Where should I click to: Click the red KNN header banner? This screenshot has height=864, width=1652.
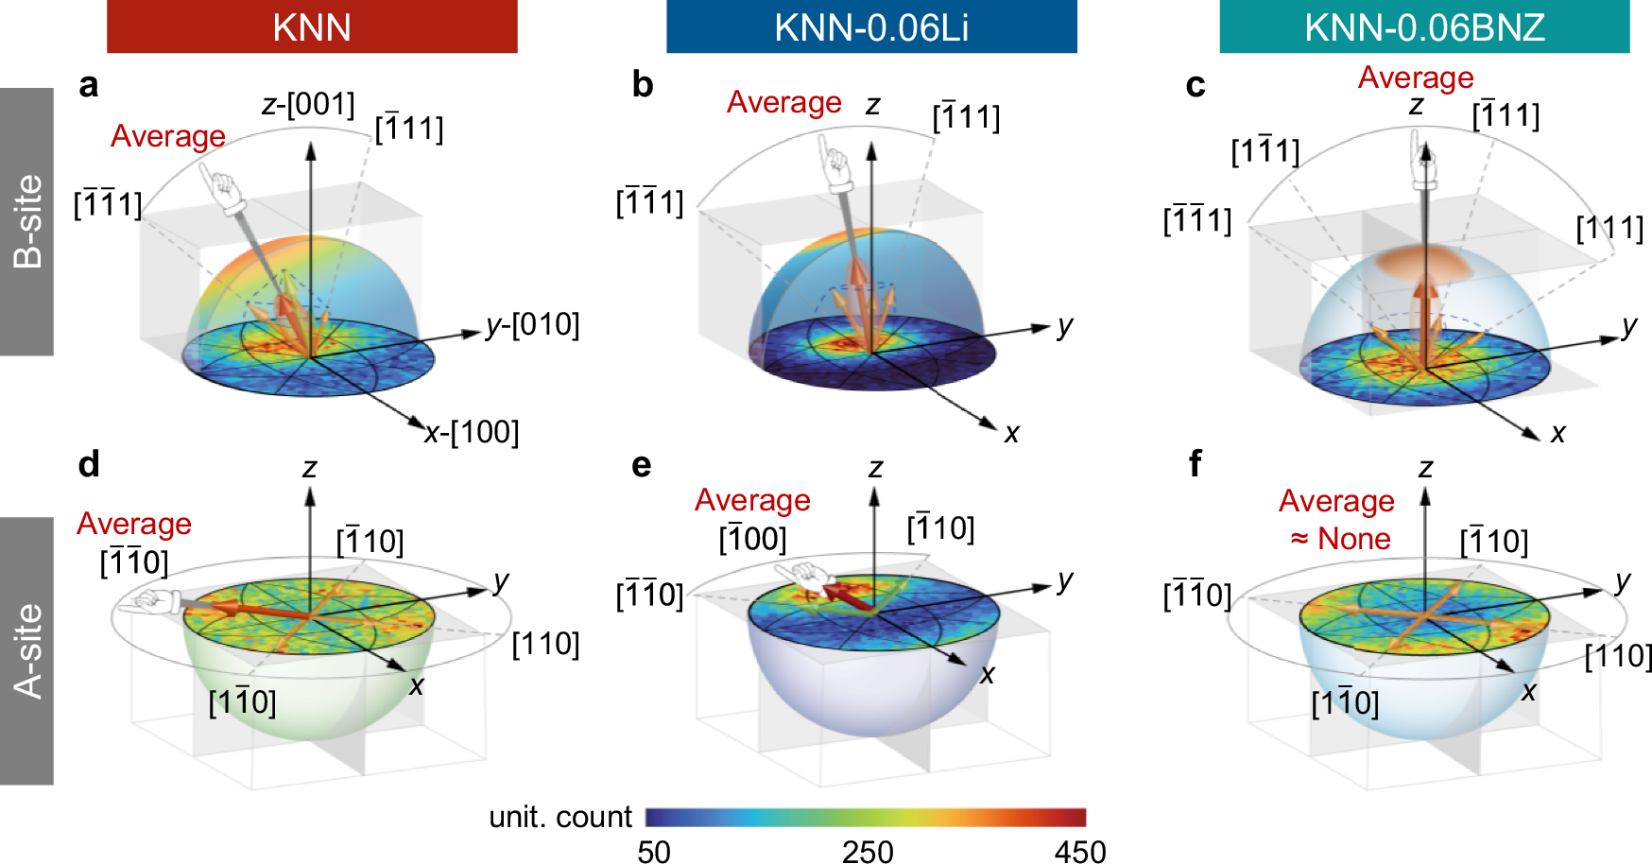[x=312, y=26]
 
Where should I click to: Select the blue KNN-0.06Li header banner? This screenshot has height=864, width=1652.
[x=871, y=26]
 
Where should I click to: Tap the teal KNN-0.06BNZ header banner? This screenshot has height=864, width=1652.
[x=1424, y=26]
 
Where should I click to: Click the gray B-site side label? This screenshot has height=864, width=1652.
[x=26, y=221]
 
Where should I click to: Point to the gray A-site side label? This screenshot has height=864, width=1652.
[x=26, y=651]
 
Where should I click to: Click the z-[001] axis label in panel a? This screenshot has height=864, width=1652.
[x=308, y=104]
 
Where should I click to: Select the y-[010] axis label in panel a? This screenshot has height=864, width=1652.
[x=532, y=325]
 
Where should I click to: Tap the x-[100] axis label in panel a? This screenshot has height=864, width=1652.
[x=472, y=432]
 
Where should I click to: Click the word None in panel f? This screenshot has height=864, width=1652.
[x=1353, y=539]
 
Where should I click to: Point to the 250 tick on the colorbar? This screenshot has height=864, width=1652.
[x=868, y=852]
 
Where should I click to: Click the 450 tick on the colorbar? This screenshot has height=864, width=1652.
[x=1080, y=852]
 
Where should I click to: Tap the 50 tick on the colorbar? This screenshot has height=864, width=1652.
[x=654, y=852]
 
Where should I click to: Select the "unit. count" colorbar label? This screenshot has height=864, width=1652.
[x=560, y=817]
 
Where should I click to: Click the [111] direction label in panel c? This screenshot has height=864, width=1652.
[x=1609, y=228]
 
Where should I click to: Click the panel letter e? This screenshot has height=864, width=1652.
[x=642, y=464]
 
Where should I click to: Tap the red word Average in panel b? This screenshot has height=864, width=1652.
[x=783, y=102]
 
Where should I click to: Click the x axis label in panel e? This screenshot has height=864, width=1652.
[x=988, y=674]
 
